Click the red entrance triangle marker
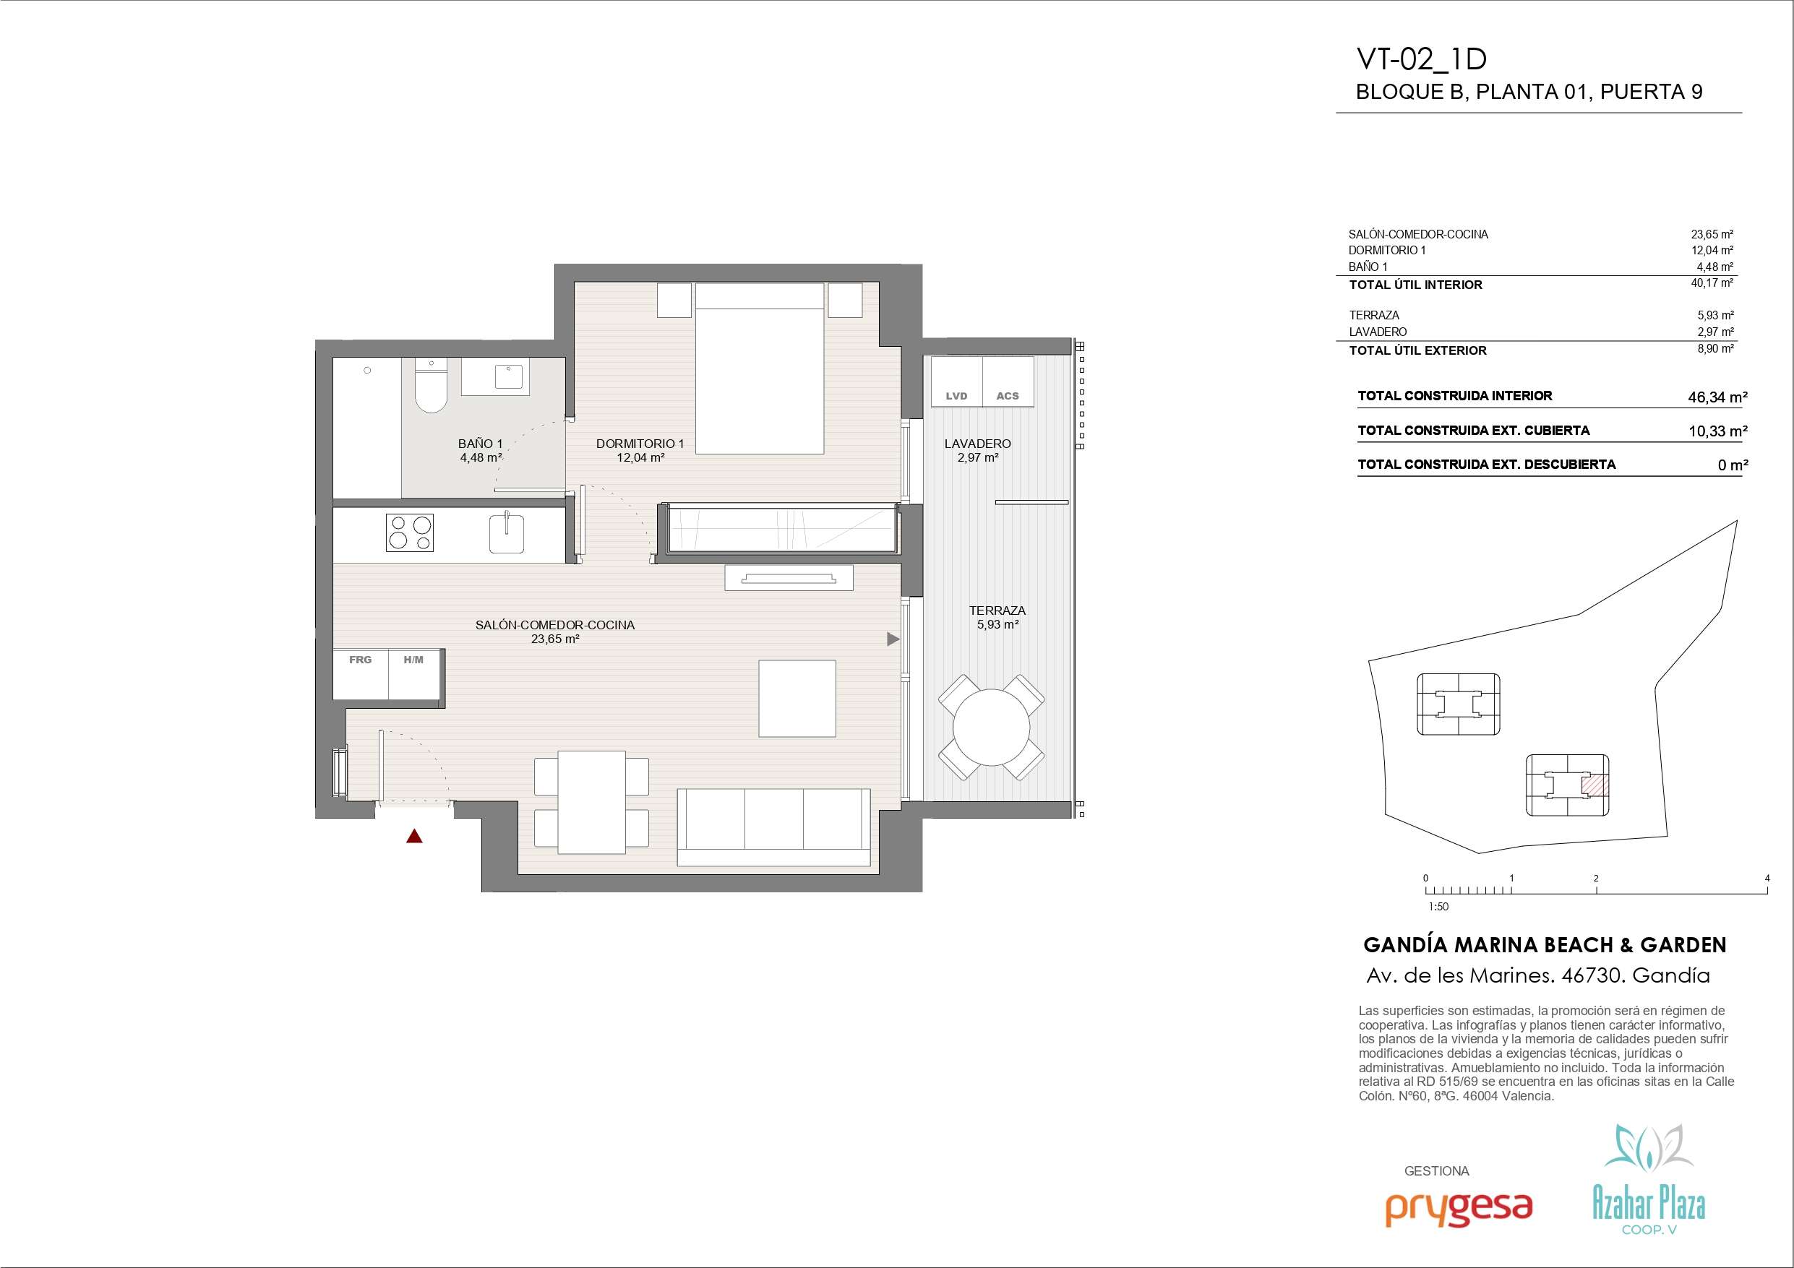point(414,837)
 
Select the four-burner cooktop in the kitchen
point(409,532)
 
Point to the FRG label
point(360,660)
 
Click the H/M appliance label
point(413,660)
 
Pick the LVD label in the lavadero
point(956,396)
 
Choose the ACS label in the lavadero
point(1007,396)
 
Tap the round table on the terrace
point(992,728)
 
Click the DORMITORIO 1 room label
point(640,444)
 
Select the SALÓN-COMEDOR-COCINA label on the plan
point(555,625)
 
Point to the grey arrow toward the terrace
point(893,639)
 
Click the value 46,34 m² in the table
point(1717,397)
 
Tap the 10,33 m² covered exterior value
point(1717,431)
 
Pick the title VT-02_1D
point(1421,60)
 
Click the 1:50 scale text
point(1438,907)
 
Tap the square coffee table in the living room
point(797,699)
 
